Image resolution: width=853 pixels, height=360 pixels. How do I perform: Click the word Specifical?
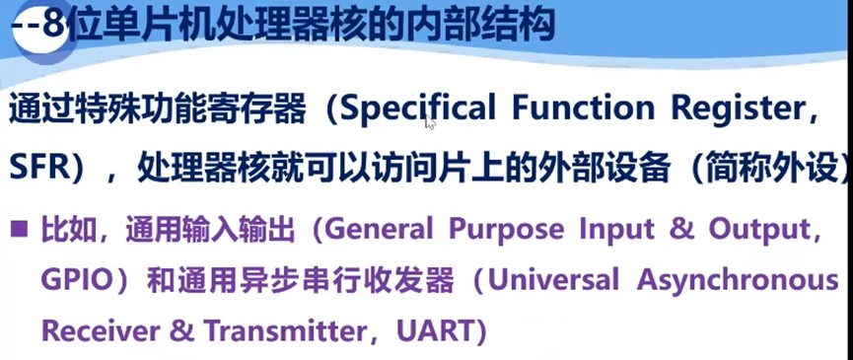418,109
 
